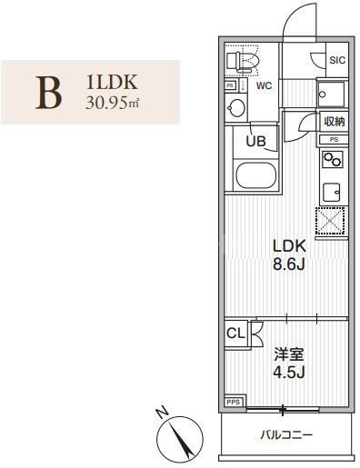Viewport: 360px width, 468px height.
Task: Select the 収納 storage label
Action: pyautogui.click(x=334, y=121)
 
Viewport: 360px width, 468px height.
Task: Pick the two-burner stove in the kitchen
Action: pyautogui.click(x=332, y=161)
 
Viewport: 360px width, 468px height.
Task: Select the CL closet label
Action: pyautogui.click(x=235, y=333)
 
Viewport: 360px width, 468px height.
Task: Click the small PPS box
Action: pyautogui.click(x=234, y=399)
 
